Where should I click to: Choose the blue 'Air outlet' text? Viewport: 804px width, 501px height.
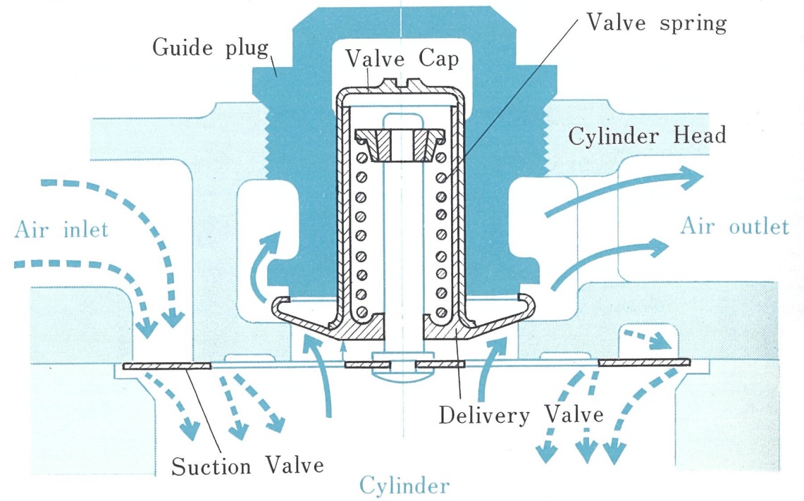point(734,226)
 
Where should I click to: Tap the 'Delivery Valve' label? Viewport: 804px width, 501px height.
point(521,414)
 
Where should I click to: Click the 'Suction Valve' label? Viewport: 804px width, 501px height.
point(247,465)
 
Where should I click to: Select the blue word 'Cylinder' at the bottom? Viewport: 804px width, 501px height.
point(404,485)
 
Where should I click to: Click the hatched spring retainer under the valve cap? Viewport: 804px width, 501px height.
point(400,144)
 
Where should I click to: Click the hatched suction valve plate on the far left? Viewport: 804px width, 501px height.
point(167,366)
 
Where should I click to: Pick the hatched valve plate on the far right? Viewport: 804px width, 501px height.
point(643,362)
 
